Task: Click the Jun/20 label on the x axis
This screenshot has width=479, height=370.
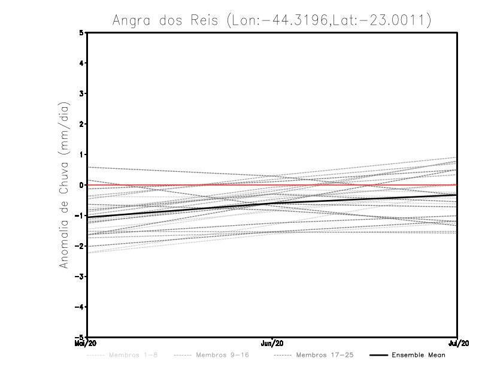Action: pyautogui.click(x=272, y=343)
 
